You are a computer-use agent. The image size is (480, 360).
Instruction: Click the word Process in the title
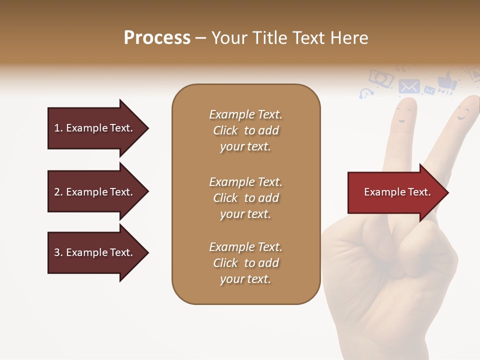pos(157,38)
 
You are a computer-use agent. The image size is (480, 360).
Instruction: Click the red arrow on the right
pos(397,192)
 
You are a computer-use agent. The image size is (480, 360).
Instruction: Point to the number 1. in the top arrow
pos(58,128)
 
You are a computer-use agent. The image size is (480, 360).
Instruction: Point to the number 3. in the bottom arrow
pos(58,252)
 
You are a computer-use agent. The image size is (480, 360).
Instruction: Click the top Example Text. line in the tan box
pos(245,114)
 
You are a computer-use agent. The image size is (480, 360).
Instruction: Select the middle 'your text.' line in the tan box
pos(245,214)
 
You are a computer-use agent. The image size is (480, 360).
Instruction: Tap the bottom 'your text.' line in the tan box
pos(245,279)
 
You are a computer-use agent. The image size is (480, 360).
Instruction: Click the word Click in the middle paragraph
pos(225,198)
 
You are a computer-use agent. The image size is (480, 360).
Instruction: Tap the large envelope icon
pos(409,86)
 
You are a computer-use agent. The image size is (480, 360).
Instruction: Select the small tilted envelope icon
pos(429,90)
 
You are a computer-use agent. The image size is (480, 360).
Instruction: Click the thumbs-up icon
pos(446,81)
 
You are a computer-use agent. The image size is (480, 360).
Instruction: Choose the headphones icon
pos(366,93)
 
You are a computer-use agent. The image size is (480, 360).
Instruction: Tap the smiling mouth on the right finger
pos(461,118)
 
